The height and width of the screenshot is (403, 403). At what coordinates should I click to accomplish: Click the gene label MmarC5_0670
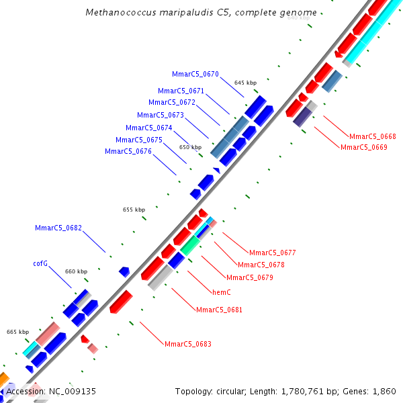(x=195, y=74)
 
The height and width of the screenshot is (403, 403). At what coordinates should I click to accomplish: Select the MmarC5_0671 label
(x=181, y=91)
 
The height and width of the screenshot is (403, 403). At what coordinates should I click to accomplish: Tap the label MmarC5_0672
(x=172, y=103)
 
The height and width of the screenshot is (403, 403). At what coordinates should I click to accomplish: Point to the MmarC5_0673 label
(x=161, y=116)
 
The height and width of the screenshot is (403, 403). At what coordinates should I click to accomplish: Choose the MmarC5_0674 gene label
(x=149, y=128)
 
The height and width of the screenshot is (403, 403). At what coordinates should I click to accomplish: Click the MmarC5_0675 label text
(x=139, y=140)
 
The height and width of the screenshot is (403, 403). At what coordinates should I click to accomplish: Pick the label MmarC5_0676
(x=128, y=152)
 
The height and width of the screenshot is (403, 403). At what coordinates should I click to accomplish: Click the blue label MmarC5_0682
(x=58, y=228)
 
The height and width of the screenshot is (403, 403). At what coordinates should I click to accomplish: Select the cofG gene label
(x=40, y=263)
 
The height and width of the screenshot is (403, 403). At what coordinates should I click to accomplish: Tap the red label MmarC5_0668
(x=373, y=136)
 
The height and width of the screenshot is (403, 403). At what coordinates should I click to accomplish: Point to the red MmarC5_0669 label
(x=363, y=147)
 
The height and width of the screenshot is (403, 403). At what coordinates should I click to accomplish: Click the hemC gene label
(x=222, y=293)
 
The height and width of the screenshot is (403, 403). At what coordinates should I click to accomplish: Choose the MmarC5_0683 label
(x=188, y=344)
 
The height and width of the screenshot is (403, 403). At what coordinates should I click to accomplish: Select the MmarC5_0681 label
(x=219, y=310)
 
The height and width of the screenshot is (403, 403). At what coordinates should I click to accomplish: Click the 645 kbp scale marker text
(x=245, y=83)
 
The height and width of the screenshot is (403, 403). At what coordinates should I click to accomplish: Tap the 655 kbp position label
(x=134, y=210)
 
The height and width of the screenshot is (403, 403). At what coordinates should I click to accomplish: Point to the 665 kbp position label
(x=17, y=332)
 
